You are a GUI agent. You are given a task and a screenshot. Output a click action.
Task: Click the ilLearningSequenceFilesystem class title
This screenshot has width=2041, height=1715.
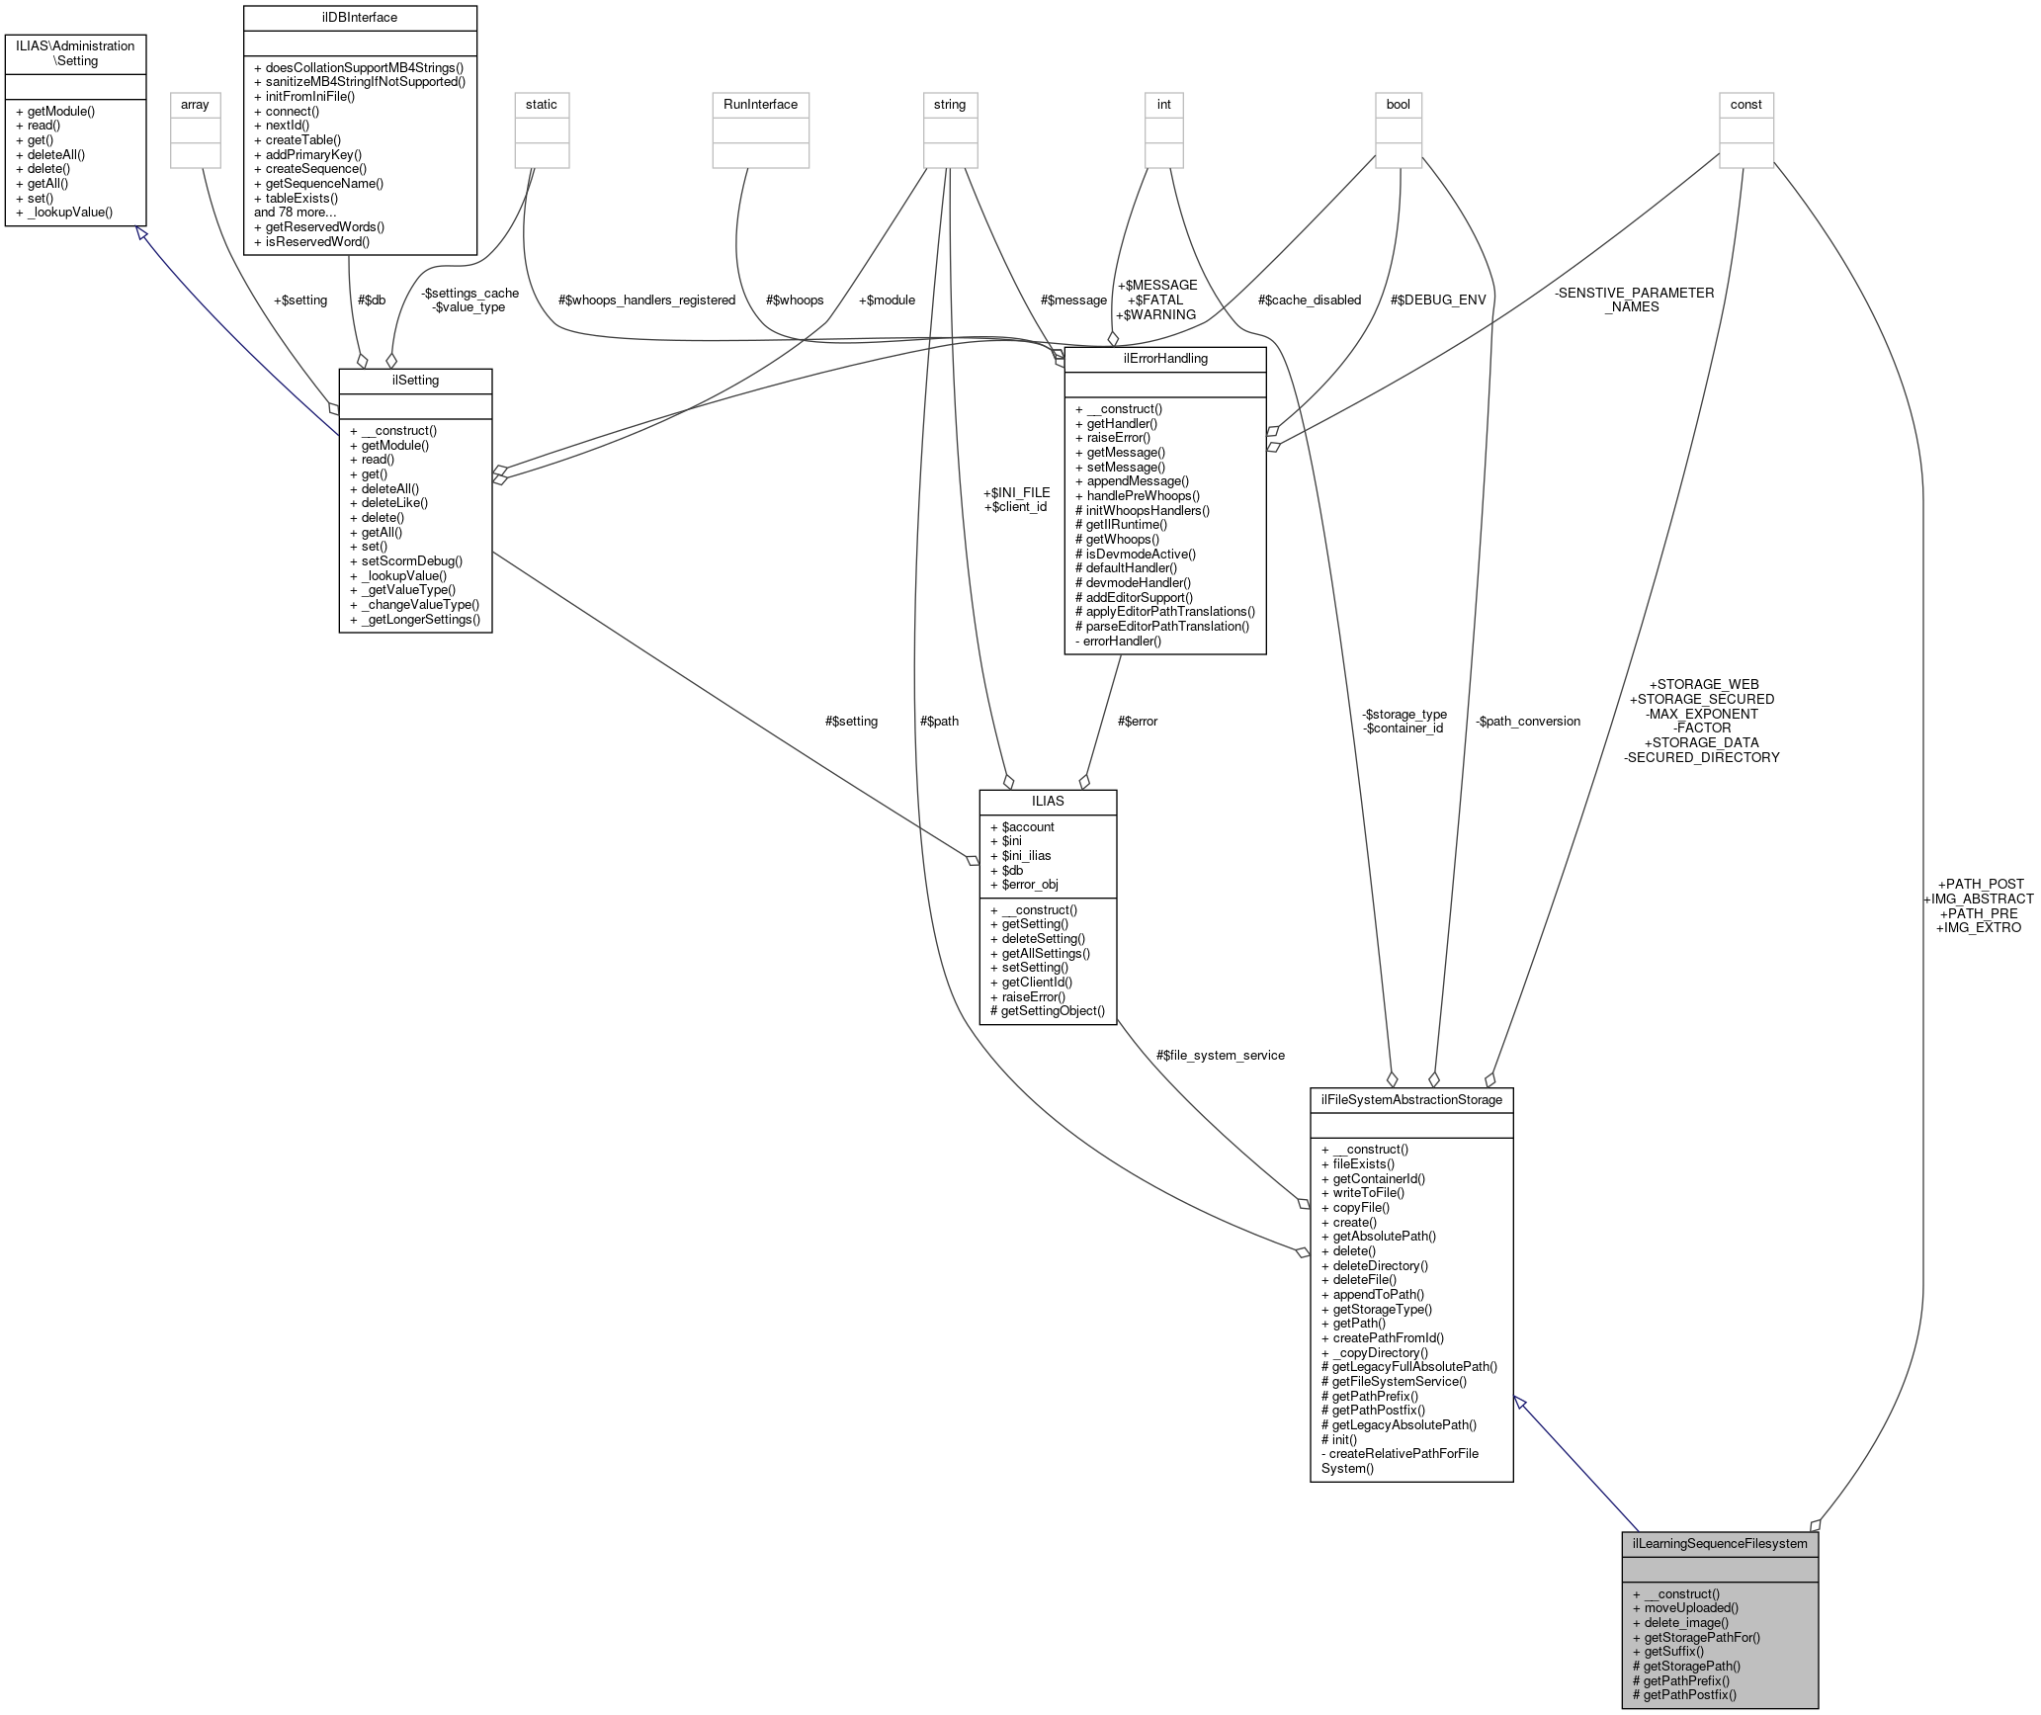(x=1719, y=1543)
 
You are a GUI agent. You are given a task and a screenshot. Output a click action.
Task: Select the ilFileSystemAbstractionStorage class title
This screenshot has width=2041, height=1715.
(x=1410, y=1099)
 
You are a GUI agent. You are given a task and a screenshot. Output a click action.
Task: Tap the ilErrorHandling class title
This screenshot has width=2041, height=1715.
(x=1164, y=358)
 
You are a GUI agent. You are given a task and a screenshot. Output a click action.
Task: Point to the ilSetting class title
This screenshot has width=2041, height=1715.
(x=415, y=380)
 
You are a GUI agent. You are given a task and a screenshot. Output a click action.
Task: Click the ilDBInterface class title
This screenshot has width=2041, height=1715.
(x=359, y=17)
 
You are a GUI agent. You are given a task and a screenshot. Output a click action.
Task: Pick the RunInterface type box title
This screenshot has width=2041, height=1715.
(x=760, y=104)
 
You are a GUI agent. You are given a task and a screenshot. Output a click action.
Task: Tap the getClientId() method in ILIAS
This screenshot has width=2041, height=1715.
(x=1037, y=982)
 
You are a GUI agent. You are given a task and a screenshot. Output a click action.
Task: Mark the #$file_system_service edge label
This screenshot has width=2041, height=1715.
(x=1221, y=1055)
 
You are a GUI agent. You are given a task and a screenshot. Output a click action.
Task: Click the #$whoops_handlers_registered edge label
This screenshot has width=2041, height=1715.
(x=646, y=300)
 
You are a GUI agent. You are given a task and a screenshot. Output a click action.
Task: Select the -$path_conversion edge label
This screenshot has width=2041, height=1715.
(x=1528, y=721)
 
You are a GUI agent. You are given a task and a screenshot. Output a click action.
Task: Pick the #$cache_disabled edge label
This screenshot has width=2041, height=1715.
(x=1310, y=300)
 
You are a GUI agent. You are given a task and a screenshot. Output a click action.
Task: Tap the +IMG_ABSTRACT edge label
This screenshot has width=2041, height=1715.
(x=1978, y=899)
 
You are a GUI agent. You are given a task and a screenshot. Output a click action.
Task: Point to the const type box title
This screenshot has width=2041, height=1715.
(x=1745, y=104)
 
